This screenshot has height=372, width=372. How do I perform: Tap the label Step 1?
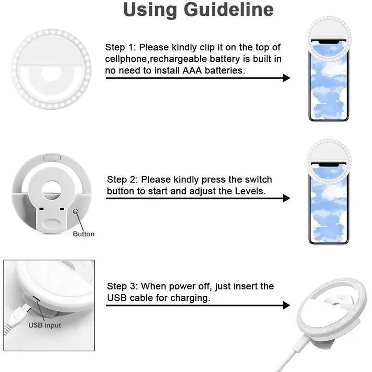(x=121, y=47)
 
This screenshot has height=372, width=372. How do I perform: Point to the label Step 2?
(x=123, y=179)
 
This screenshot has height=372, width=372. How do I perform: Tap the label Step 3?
(x=123, y=286)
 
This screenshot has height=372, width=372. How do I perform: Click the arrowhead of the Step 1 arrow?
(x=286, y=78)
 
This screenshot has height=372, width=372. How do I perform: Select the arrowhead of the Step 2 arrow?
(x=286, y=198)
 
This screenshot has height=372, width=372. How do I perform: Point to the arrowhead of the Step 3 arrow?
(x=286, y=305)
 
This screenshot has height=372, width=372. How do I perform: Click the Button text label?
(x=83, y=234)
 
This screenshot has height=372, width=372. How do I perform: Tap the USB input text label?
(x=45, y=325)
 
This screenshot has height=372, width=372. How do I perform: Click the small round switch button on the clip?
(x=76, y=212)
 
